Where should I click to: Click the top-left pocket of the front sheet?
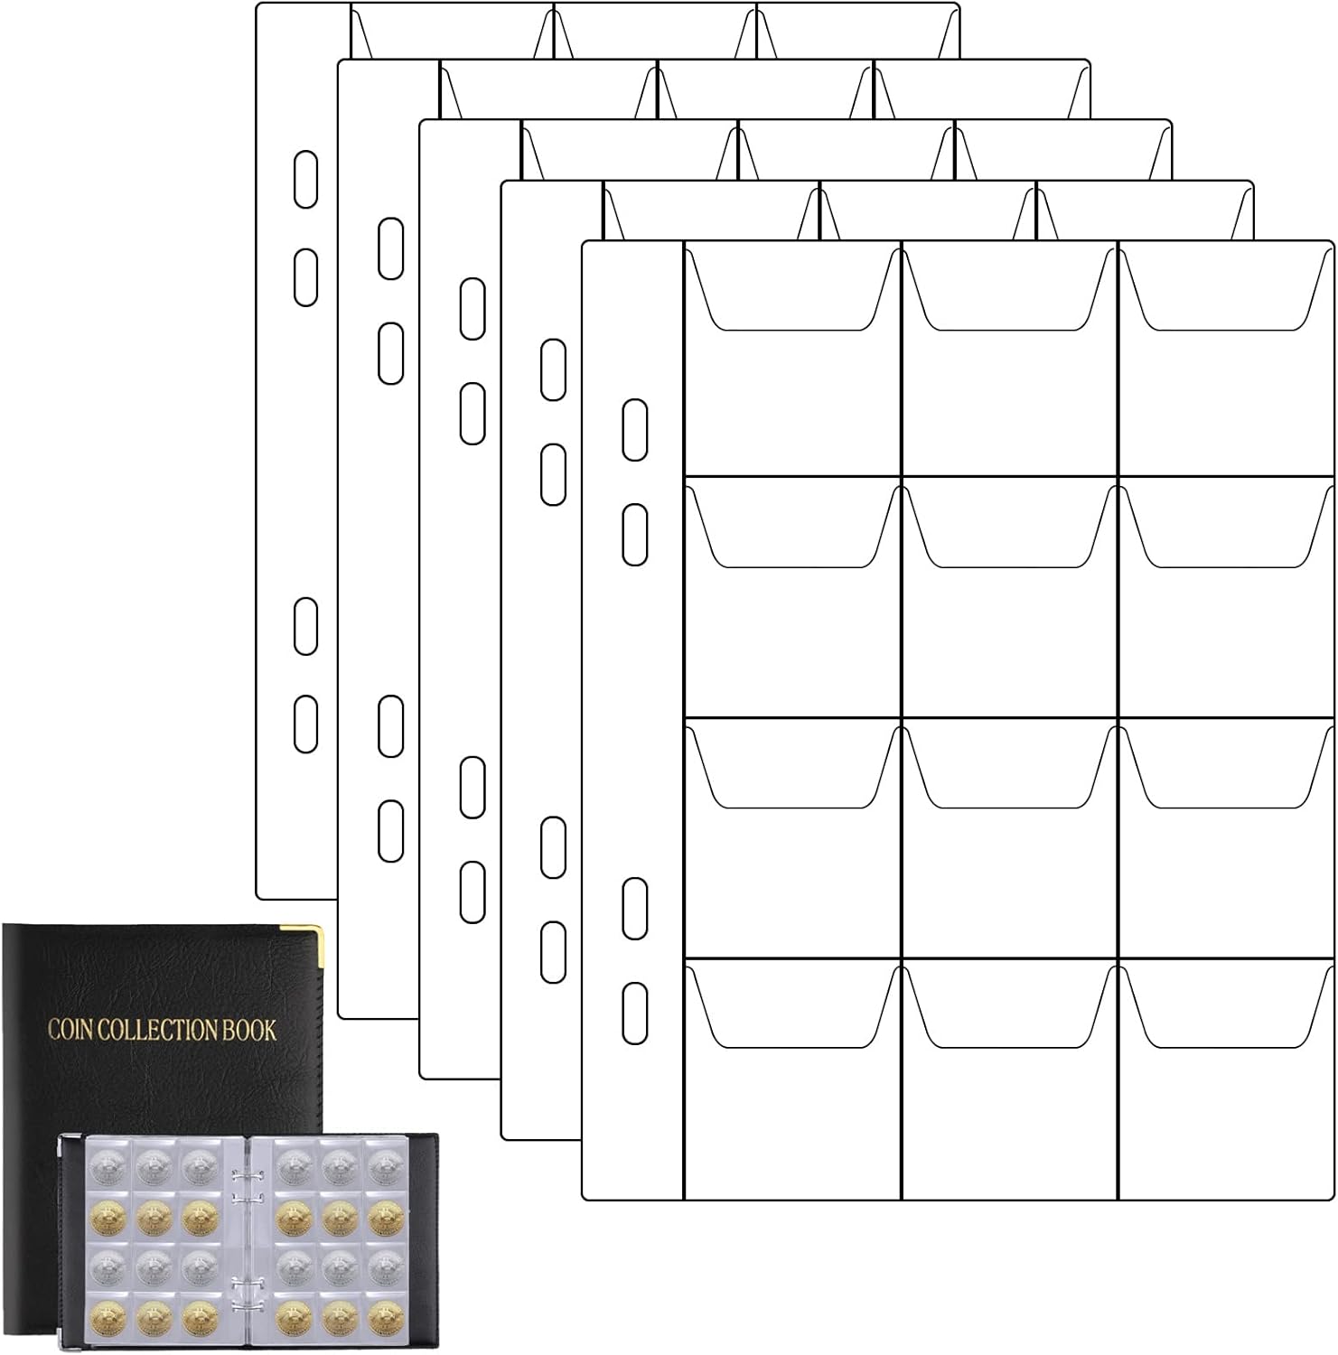pyautogui.click(x=792, y=359)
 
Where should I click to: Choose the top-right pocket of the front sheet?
pyautogui.click(x=1226, y=359)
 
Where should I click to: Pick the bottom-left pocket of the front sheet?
pyautogui.click(x=792, y=1079)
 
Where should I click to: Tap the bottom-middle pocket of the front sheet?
pyautogui.click(x=1010, y=1079)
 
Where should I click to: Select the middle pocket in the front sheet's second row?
pyautogui.click(x=1010, y=597)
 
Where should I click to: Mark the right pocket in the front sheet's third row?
pyautogui.click(x=1226, y=838)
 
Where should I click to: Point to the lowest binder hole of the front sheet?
pyautogui.click(x=635, y=1014)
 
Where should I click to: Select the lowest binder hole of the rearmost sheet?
pyautogui.click(x=306, y=724)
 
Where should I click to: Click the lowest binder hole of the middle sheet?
pyautogui.click(x=473, y=892)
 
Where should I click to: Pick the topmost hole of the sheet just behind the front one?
pyautogui.click(x=554, y=369)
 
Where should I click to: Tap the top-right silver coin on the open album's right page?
pyautogui.click(x=382, y=1166)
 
